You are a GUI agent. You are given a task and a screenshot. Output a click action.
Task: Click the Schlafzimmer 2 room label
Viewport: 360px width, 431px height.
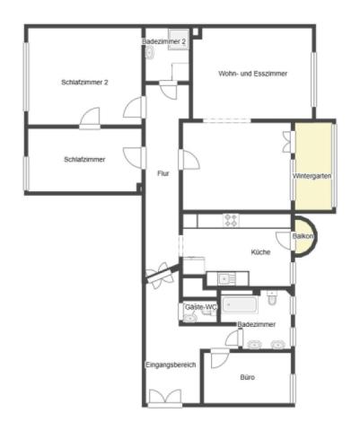84,83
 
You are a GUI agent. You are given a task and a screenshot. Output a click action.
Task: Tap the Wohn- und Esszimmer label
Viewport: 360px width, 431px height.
253,74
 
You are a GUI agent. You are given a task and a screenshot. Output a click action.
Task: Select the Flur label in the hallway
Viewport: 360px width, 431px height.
163,173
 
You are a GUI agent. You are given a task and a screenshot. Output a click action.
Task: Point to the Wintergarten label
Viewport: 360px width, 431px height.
312,176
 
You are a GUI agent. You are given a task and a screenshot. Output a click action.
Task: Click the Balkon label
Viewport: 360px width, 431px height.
303,236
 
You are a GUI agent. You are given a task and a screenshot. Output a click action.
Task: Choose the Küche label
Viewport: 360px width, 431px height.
260,252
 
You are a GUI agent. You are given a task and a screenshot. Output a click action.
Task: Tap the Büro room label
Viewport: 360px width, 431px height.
248,377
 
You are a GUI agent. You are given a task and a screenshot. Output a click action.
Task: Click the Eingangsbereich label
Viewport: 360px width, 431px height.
171,365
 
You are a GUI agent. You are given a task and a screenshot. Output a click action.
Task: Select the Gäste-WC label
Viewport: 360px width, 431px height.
201,307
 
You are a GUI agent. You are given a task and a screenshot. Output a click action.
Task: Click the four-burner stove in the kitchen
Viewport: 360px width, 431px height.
231,220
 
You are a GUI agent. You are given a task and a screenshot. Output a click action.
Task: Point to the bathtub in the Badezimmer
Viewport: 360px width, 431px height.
240,305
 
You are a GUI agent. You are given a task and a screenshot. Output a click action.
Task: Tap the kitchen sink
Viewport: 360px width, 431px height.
224,279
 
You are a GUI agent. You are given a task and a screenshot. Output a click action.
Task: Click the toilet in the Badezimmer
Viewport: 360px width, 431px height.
272,297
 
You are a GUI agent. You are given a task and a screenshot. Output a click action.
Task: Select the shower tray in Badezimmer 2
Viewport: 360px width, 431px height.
179,40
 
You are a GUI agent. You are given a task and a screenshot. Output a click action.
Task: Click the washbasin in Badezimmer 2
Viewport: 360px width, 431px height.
150,53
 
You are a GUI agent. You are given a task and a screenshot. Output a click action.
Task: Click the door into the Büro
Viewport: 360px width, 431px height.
220,358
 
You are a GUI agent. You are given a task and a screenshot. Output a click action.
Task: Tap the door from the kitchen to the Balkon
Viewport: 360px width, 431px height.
285,241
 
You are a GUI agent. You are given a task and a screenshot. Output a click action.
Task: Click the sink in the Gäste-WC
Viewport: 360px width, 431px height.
189,318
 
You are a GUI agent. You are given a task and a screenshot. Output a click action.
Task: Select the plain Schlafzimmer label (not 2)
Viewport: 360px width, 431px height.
84,160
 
